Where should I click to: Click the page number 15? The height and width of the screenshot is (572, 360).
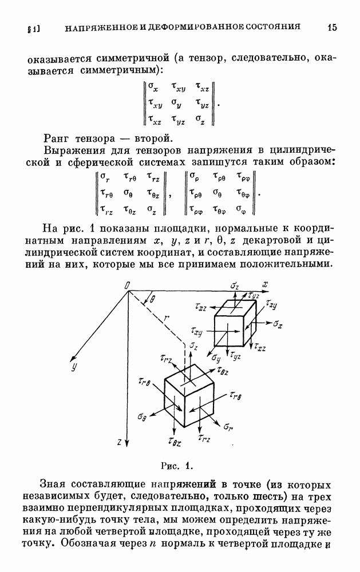333,27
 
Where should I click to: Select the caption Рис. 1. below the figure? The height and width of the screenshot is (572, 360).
180,464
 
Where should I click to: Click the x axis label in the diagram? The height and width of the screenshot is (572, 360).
266,284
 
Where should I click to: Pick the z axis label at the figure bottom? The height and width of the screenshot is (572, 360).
118,442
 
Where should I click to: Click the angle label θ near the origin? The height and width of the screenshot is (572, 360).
152,299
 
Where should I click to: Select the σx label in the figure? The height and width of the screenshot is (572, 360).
278,324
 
